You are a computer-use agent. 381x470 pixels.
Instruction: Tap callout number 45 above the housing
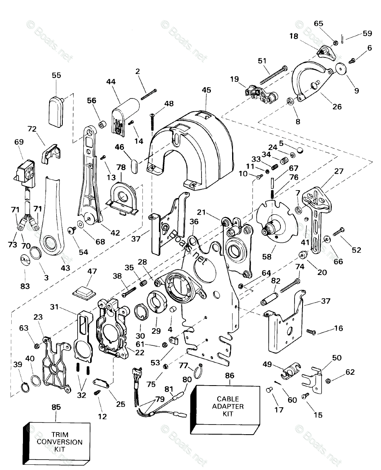coord(206,90)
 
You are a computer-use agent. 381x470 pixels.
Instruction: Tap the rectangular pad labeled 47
coord(85,291)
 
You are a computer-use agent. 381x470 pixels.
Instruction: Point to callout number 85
coord(56,407)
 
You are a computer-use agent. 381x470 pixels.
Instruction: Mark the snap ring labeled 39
coord(25,388)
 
